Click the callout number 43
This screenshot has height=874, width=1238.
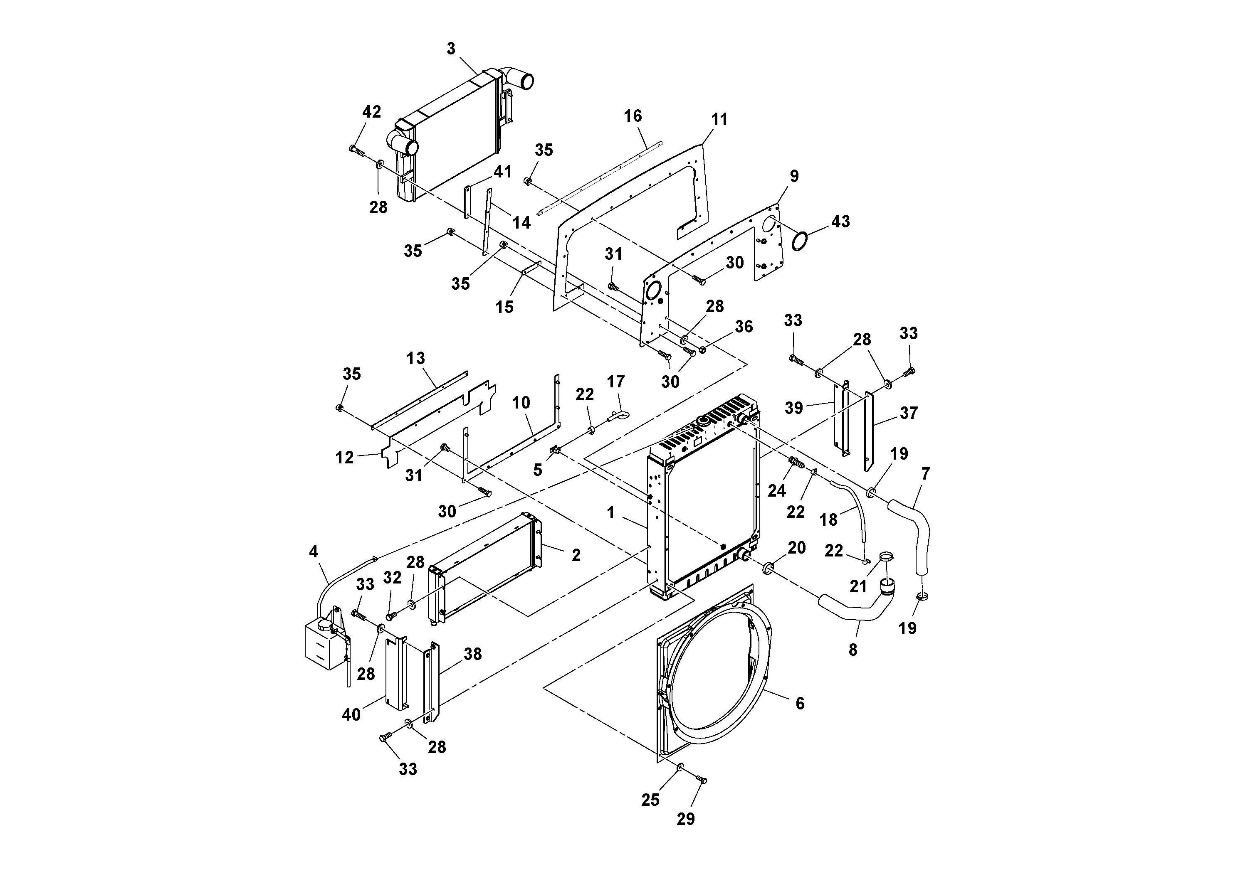840,221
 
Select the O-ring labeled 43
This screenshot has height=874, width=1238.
800,241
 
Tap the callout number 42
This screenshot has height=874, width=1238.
371,111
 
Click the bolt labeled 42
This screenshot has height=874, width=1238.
356,150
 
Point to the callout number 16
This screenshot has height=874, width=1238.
633,116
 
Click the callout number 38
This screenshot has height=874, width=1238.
473,654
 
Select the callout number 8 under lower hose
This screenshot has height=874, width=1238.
853,650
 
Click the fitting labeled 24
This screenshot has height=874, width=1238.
795,462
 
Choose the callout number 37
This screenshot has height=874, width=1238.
909,413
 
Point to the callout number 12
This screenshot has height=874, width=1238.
345,458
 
